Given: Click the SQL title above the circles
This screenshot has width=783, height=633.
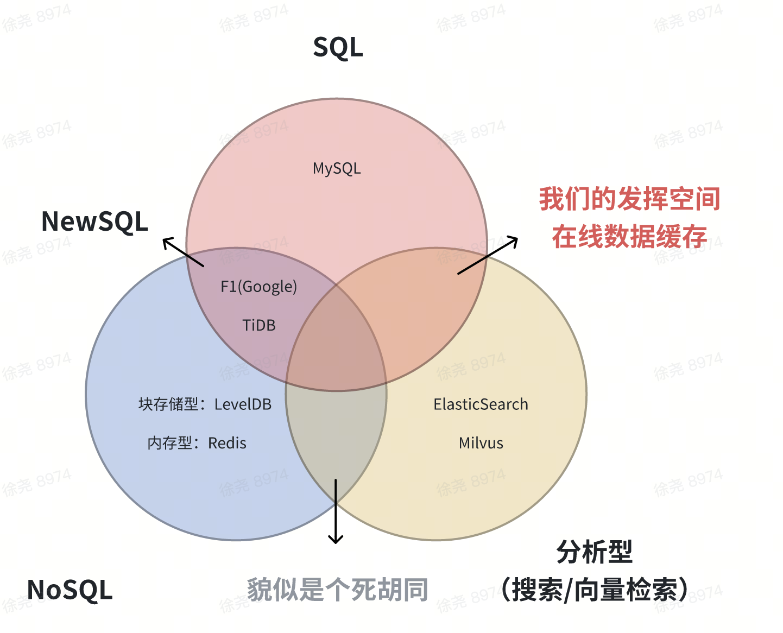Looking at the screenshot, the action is click(338, 48).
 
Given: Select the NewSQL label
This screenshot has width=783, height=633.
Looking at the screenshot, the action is click(94, 221).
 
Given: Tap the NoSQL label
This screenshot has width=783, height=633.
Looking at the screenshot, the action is click(70, 590).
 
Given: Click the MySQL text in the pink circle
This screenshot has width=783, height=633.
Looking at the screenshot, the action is click(337, 168).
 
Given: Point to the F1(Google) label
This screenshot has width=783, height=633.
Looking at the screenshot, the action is click(258, 287).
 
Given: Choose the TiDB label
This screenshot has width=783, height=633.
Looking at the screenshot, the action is click(258, 325).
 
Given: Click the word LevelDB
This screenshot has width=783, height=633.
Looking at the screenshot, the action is click(243, 404).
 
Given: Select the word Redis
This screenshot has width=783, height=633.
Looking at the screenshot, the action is click(227, 444).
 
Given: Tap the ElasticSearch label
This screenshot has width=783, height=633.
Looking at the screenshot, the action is click(481, 404).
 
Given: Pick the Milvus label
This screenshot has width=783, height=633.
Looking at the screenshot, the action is click(481, 444).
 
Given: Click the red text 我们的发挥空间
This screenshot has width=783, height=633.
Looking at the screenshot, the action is click(629, 199).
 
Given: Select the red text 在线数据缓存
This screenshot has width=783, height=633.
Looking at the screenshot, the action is click(629, 237).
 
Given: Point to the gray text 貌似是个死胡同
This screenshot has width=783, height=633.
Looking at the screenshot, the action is click(337, 590).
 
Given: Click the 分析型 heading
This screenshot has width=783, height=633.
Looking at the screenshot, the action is click(595, 552).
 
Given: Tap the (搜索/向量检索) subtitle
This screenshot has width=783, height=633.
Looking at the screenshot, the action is click(595, 590).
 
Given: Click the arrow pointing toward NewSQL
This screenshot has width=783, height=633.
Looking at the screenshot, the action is click(183, 252).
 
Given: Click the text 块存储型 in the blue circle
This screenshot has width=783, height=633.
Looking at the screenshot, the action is click(168, 404).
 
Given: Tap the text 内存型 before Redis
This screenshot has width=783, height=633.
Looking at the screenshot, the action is click(169, 444).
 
